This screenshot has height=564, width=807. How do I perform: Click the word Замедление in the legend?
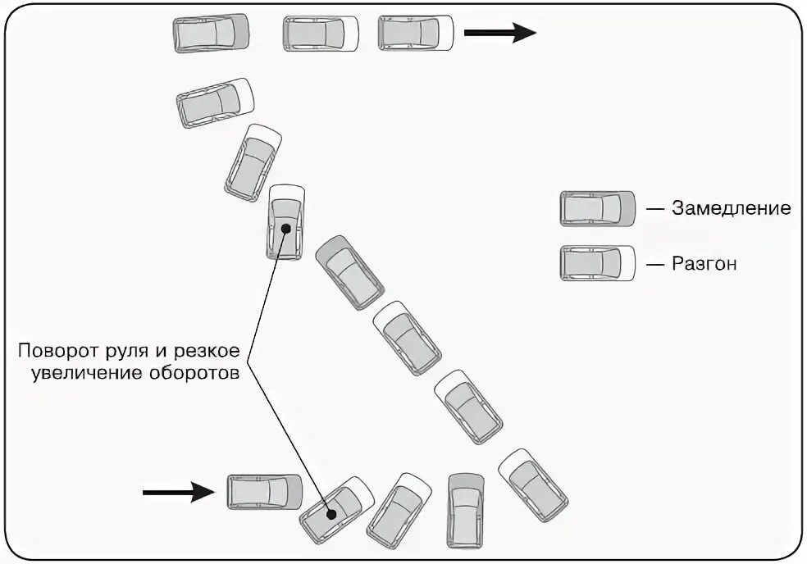coord(732,208)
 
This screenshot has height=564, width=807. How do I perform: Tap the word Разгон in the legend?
coord(704,264)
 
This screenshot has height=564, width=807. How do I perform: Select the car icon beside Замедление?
coord(598,208)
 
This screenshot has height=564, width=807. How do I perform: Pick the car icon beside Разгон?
coord(598,263)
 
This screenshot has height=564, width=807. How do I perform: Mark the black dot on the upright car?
coord(285,228)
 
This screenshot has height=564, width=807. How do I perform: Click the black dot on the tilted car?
coord(332,515)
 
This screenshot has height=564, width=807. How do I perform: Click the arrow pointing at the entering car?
coord(177,492)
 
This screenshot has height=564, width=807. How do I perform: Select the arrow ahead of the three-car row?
coord(499,33)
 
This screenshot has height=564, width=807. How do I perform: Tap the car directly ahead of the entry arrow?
coord(264,492)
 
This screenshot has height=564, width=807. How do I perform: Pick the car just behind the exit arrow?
coord(416,33)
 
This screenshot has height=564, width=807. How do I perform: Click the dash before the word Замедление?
coord(654,208)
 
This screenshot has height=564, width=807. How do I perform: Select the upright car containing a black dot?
coord(285,222)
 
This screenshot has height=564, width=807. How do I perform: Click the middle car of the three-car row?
coord(321,33)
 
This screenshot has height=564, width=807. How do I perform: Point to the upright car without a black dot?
coord(465,511)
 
